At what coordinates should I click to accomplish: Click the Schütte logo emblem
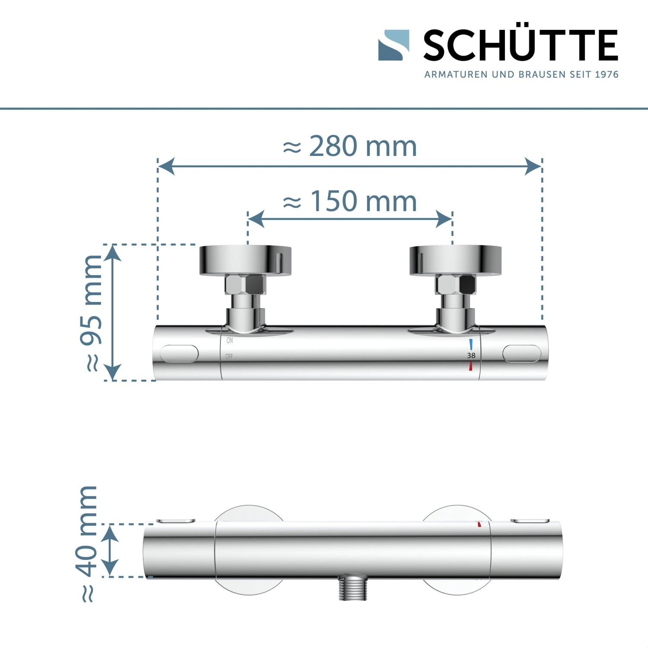point(394,45)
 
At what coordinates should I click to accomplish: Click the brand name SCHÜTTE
point(521,45)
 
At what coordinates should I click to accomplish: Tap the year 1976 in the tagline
point(607,75)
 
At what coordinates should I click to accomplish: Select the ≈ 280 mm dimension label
point(350,146)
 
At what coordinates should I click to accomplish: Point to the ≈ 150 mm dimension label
point(350,201)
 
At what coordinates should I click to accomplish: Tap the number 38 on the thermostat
point(471,355)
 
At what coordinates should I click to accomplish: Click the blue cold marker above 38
point(471,344)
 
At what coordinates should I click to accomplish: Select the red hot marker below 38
point(470,366)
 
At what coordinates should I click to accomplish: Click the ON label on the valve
point(229,340)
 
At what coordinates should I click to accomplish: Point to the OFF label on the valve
point(229,356)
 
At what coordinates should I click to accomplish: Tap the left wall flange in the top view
point(245,260)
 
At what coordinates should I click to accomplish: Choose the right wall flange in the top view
point(455,260)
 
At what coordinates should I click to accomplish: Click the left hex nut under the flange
point(245,285)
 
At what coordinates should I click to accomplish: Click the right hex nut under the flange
point(455,285)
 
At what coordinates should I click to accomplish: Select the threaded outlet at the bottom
point(353,588)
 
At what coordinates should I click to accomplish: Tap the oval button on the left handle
point(179,354)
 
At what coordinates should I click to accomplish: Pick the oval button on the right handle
point(521,353)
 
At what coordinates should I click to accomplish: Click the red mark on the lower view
point(479,524)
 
